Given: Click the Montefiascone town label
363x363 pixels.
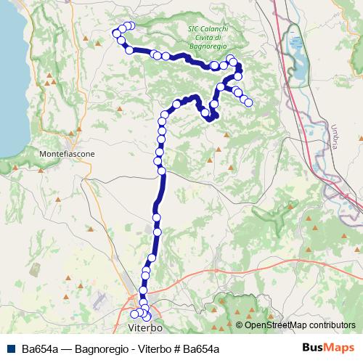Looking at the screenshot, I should (x=67, y=155).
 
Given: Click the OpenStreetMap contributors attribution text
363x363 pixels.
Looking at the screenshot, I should (x=300, y=325).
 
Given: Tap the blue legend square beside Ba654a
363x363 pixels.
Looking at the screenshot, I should (x=10, y=348).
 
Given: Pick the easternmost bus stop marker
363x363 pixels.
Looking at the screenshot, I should (x=248, y=102).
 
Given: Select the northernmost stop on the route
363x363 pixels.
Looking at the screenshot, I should (x=131, y=25).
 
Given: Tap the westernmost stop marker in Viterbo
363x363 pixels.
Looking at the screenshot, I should (x=134, y=314).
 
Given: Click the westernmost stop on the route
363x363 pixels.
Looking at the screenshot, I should (x=115, y=33).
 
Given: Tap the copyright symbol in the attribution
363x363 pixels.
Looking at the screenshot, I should (x=240, y=325).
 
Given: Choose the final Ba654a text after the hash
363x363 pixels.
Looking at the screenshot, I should (x=200, y=348).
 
